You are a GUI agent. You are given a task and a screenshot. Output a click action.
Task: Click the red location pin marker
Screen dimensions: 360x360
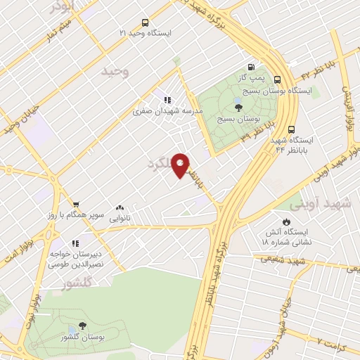(x=181, y=165)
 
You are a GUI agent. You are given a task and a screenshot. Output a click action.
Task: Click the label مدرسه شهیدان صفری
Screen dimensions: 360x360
(x=173, y=111)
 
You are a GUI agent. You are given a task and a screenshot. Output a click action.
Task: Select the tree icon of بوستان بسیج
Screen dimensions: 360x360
(x=238, y=108)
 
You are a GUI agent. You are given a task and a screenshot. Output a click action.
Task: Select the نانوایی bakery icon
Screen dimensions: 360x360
(x=119, y=208)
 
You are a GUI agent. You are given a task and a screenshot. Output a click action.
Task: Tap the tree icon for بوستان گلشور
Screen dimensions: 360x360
(x=83, y=326)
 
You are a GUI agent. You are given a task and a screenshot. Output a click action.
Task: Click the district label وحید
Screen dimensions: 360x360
(x=116, y=71)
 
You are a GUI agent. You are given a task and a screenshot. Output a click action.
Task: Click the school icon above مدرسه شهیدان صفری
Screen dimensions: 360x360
(x=167, y=100)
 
